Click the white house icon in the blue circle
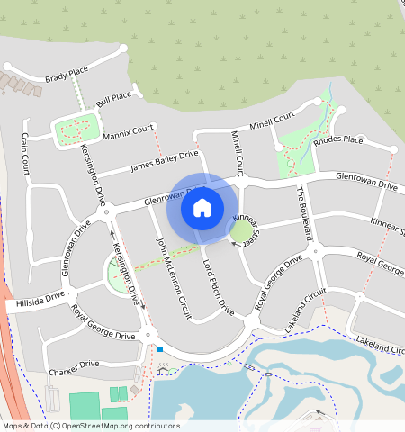202,208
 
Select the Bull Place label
114,98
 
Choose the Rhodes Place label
338,140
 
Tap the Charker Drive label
75,364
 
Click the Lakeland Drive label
380,342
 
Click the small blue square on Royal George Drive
159,349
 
